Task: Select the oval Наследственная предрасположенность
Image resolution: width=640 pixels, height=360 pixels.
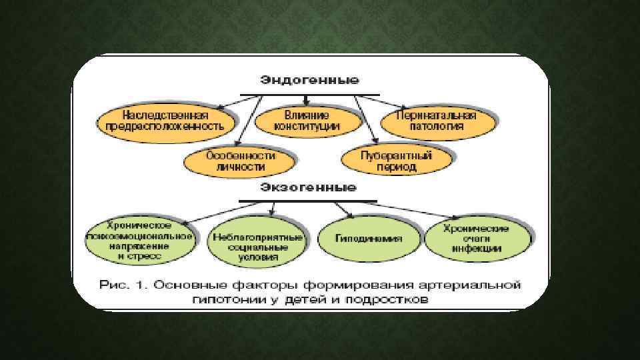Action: tap(167, 119)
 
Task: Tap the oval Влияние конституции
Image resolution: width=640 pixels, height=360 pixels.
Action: tap(306, 119)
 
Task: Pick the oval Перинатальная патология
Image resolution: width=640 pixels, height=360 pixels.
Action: tap(438, 119)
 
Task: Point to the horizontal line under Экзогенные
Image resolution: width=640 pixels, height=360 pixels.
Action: tap(308, 201)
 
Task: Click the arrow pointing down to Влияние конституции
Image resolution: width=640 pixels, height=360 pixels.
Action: tap(306, 101)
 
